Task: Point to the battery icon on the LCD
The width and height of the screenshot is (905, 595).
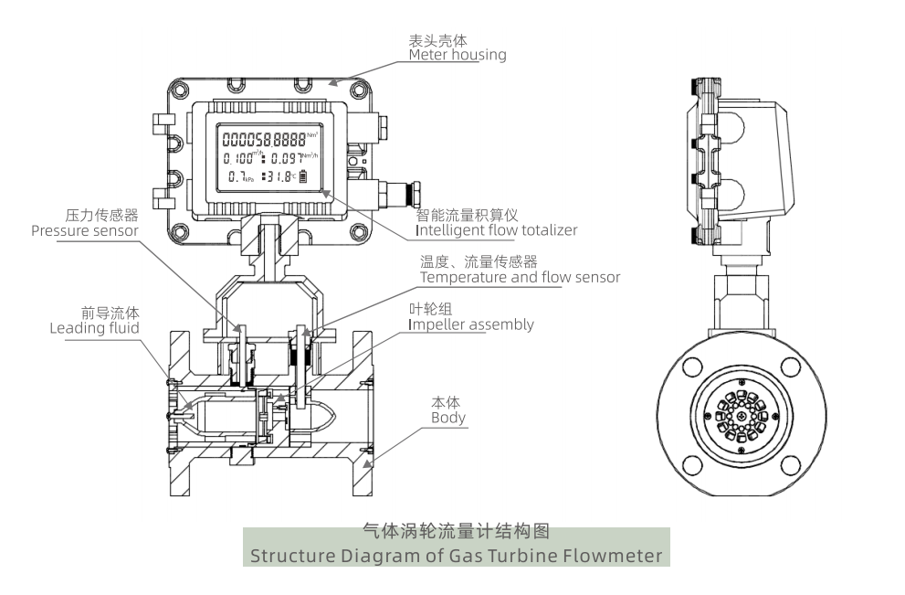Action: click(303, 176)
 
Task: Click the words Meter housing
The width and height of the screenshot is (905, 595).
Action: click(457, 55)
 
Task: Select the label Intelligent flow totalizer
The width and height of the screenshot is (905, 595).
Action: click(496, 230)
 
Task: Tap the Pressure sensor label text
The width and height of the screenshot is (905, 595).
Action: click(84, 231)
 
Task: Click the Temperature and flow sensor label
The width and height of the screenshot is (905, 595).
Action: click(520, 277)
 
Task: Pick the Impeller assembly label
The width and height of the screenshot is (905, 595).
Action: click(470, 324)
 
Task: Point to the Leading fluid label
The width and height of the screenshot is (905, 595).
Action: click(94, 327)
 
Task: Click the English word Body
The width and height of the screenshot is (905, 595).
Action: click(448, 418)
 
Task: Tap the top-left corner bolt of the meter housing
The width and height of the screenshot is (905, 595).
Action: click(179, 88)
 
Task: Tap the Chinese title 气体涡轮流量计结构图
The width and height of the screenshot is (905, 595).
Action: click(456, 531)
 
